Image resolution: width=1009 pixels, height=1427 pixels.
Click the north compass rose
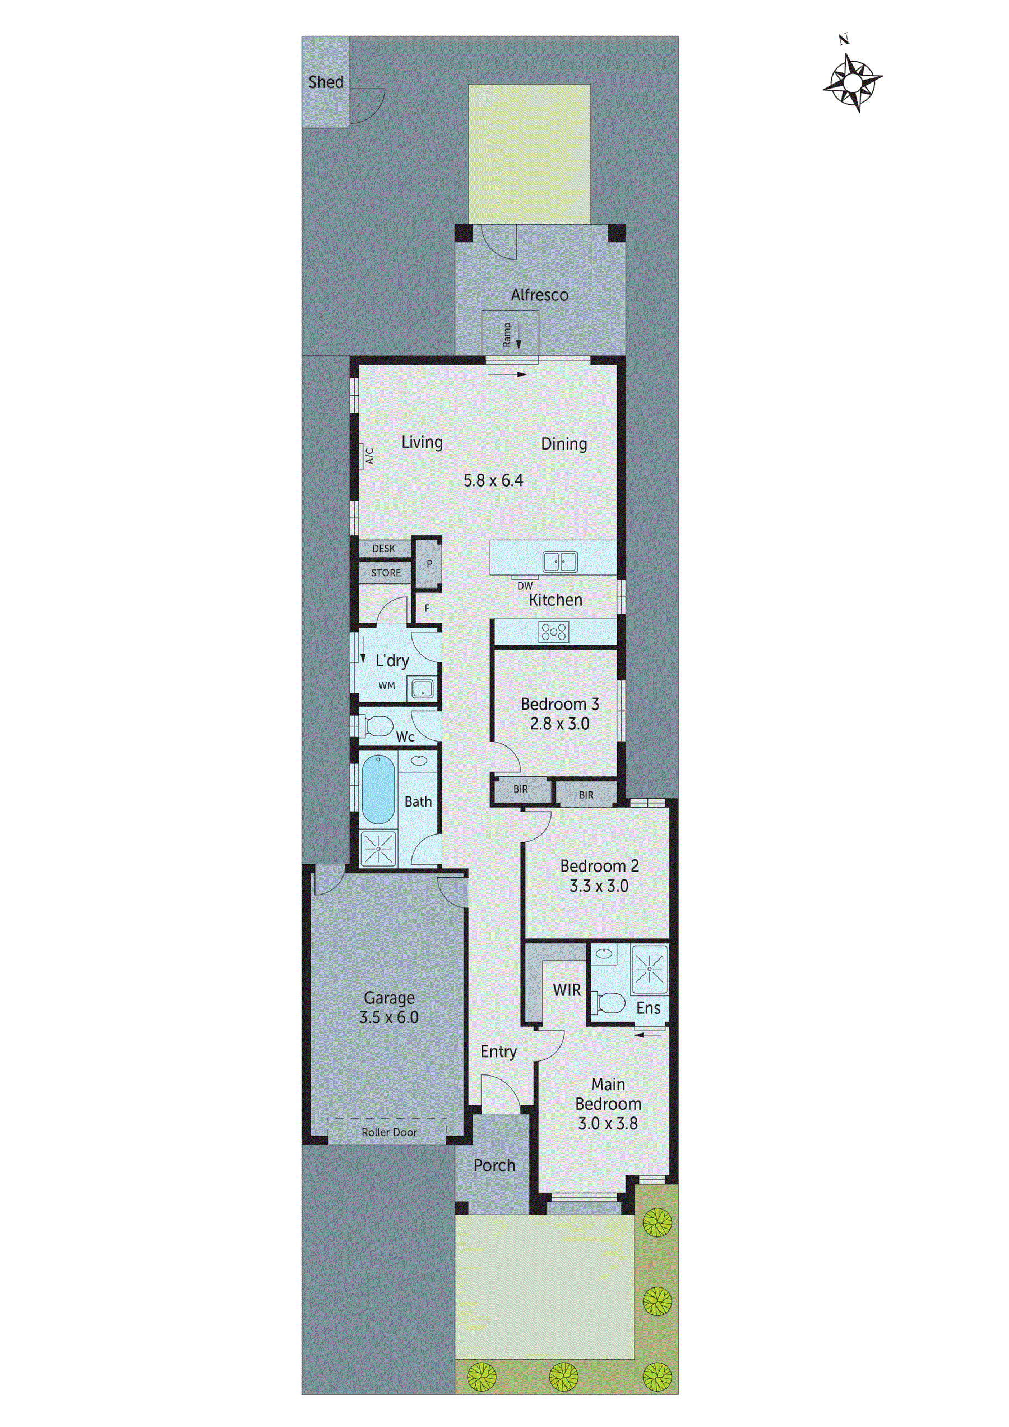coord(853,81)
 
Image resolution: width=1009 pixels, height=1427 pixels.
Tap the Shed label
coord(326,82)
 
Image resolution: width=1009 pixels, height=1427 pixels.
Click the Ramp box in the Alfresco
coord(510,333)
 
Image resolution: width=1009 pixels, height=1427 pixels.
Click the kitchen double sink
coord(559,561)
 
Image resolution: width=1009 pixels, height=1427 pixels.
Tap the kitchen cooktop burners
coord(553,632)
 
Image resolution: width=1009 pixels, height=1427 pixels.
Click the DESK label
coord(383,548)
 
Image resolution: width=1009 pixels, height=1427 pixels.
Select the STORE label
coord(386,573)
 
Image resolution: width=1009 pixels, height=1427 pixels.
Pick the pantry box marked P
coord(428,564)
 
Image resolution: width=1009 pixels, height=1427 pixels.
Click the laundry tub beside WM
coord(423,689)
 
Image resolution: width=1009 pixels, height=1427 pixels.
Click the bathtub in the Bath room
coord(378,789)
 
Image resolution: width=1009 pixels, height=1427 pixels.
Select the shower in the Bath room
coord(378,848)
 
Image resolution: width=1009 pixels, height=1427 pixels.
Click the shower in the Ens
coord(649,969)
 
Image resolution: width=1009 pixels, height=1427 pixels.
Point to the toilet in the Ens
coord(610,1003)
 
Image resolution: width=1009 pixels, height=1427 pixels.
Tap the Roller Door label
coord(389,1132)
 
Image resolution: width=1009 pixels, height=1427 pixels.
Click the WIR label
coord(566,990)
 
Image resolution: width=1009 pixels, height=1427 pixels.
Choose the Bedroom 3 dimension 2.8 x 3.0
coord(559,724)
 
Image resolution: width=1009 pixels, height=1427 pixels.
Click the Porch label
coord(494,1165)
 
